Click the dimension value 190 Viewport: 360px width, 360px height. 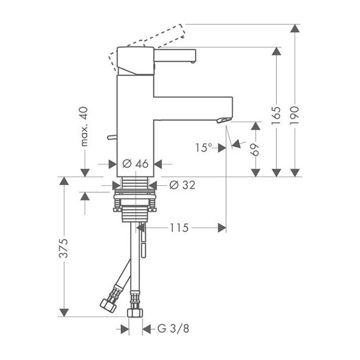tap(295, 114)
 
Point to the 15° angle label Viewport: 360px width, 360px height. tap(203, 148)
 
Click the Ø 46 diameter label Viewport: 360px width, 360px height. tap(135, 164)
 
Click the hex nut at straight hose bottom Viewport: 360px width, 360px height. tap(136, 311)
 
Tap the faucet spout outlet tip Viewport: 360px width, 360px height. tap(222, 120)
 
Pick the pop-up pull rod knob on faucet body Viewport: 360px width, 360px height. tap(110, 138)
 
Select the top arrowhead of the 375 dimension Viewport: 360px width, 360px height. tap(64, 182)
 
